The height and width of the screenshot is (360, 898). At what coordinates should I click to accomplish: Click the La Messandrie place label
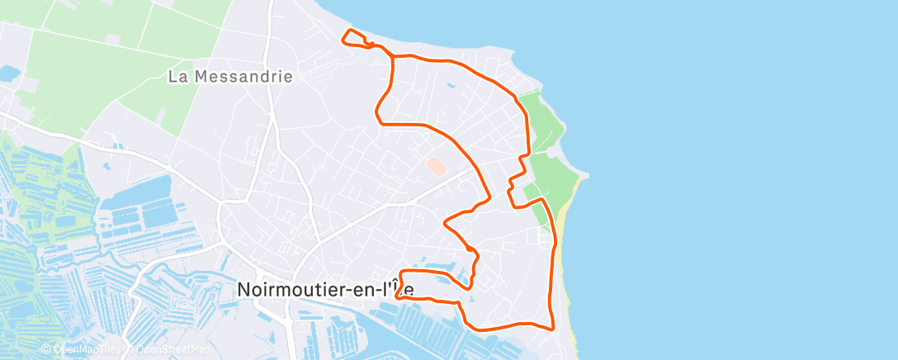[x=230, y=77]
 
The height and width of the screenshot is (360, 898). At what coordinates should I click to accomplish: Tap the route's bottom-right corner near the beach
[x=551, y=328]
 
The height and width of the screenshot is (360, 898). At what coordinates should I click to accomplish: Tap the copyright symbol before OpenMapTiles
[x=48, y=350]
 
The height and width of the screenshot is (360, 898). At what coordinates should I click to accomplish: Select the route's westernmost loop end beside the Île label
[x=399, y=290]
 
